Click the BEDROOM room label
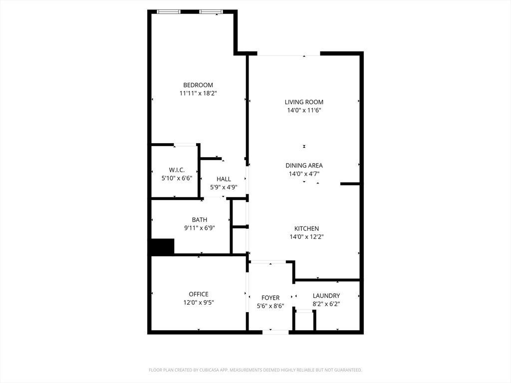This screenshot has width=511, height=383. click(198, 85)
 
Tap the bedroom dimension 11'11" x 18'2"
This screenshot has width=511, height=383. click(198, 93)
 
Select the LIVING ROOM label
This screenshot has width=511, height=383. click(304, 102)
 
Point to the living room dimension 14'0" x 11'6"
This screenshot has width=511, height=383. click(304, 110)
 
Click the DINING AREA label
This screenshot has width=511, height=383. click(304, 166)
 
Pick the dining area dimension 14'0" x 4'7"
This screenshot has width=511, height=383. click(304, 174)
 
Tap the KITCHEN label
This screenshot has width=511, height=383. click(307, 228)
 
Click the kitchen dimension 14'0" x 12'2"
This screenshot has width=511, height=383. click(307, 237)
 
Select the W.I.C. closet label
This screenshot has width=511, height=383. click(177, 170)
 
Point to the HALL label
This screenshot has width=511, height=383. click(224, 179)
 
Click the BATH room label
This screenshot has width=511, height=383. click(200, 220)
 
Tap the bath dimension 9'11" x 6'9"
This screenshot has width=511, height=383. click(200, 228)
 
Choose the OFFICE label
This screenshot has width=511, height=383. click(199, 294)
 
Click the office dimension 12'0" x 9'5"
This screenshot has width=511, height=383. click(199, 303)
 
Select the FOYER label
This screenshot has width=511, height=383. click(270, 298)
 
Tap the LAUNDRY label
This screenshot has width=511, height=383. click(326, 296)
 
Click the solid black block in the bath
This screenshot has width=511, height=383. click(163, 246)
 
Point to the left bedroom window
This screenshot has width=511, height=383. click(169, 12)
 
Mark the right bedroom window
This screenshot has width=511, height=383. click(211, 12)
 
